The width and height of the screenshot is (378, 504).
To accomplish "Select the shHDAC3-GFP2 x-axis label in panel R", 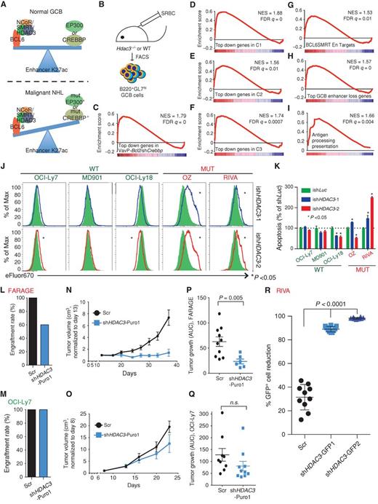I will coord(361,481).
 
